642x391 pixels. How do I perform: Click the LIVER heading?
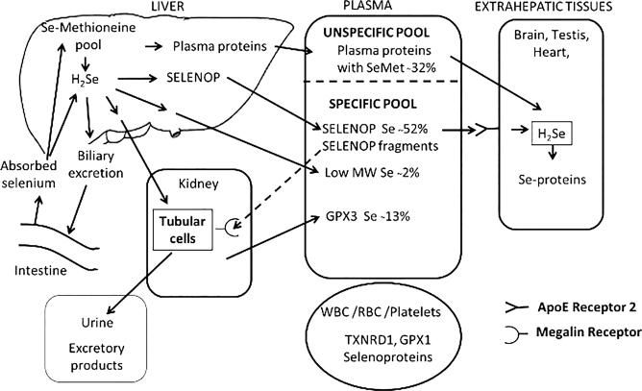click(168, 6)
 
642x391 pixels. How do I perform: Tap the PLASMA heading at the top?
click(367, 6)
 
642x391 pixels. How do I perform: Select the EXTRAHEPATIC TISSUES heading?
click(543, 7)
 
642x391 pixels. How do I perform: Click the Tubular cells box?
click(183, 230)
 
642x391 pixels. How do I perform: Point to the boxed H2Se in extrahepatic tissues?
click(552, 134)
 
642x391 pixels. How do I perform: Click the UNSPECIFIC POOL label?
click(377, 33)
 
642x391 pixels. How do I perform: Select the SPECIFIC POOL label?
click(373, 104)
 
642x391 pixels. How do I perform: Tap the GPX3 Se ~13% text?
click(368, 216)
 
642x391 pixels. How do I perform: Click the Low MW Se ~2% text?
click(372, 172)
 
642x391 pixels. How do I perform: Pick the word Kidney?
click(199, 183)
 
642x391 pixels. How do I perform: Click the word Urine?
click(97, 323)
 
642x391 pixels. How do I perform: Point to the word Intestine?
click(40, 271)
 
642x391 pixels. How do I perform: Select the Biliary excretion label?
click(96, 164)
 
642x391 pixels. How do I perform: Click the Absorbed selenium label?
click(28, 174)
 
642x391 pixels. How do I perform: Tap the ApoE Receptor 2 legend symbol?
click(516, 307)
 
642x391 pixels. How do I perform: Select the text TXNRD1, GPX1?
click(387, 339)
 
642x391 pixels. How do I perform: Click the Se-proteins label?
click(552, 180)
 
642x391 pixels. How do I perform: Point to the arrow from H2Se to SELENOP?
click(137, 79)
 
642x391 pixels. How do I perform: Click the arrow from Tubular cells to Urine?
click(139, 283)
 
